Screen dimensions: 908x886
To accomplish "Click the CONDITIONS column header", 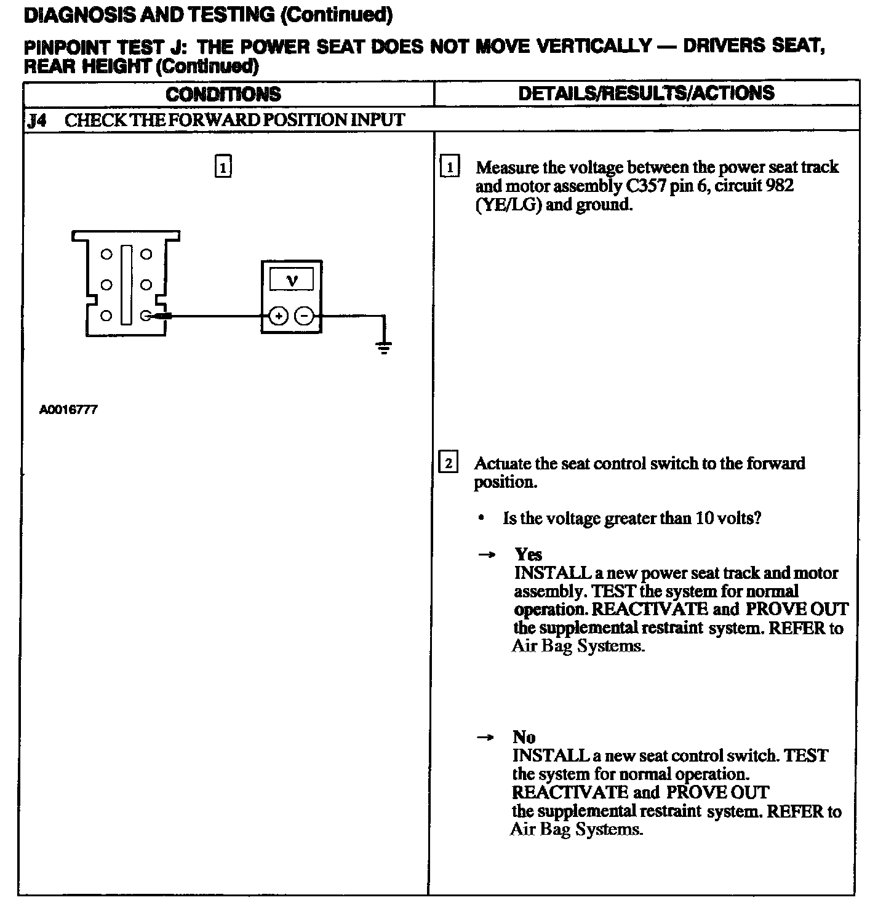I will tap(223, 94).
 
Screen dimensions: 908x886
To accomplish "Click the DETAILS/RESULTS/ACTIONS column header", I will tap(646, 93).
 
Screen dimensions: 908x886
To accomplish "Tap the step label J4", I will tap(37, 120).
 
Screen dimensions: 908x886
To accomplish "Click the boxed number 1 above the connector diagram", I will tap(223, 167).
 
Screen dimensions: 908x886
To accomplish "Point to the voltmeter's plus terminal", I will tap(279, 316).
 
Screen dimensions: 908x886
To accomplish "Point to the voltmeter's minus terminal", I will tap(305, 316).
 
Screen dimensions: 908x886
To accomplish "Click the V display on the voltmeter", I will tap(292, 281).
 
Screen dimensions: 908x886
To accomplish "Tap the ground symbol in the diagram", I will tap(384, 349).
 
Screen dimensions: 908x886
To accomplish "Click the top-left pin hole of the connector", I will tap(106, 254).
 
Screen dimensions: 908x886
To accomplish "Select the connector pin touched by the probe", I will tap(146, 316).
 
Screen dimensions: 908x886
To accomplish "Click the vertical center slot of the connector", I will tap(126, 284).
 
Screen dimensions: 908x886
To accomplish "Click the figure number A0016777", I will tap(68, 410).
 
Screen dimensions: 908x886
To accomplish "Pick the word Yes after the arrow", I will tap(528, 554).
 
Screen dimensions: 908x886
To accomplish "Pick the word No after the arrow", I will tap(524, 737).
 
